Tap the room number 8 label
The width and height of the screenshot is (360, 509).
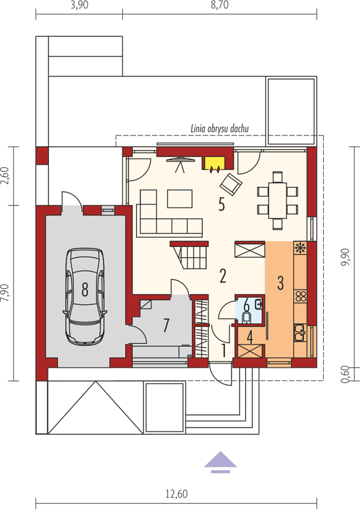85,289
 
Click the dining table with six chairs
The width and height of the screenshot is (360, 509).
277,200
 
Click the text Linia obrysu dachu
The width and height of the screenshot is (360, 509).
220,129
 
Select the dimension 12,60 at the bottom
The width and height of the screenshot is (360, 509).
176,494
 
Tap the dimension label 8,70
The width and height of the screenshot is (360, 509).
220,5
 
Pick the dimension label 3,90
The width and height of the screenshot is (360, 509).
80,5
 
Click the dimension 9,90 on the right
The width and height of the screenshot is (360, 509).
345,257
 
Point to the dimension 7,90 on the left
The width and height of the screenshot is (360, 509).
6,293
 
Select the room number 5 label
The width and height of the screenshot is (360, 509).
222,204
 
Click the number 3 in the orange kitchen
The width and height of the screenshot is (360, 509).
280,283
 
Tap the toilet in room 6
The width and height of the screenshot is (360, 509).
247,317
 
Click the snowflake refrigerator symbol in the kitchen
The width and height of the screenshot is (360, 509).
300,248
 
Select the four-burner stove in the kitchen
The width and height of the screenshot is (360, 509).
301,296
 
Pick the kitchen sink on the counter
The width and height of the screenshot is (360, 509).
300,333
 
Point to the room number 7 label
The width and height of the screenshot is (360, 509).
166,325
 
